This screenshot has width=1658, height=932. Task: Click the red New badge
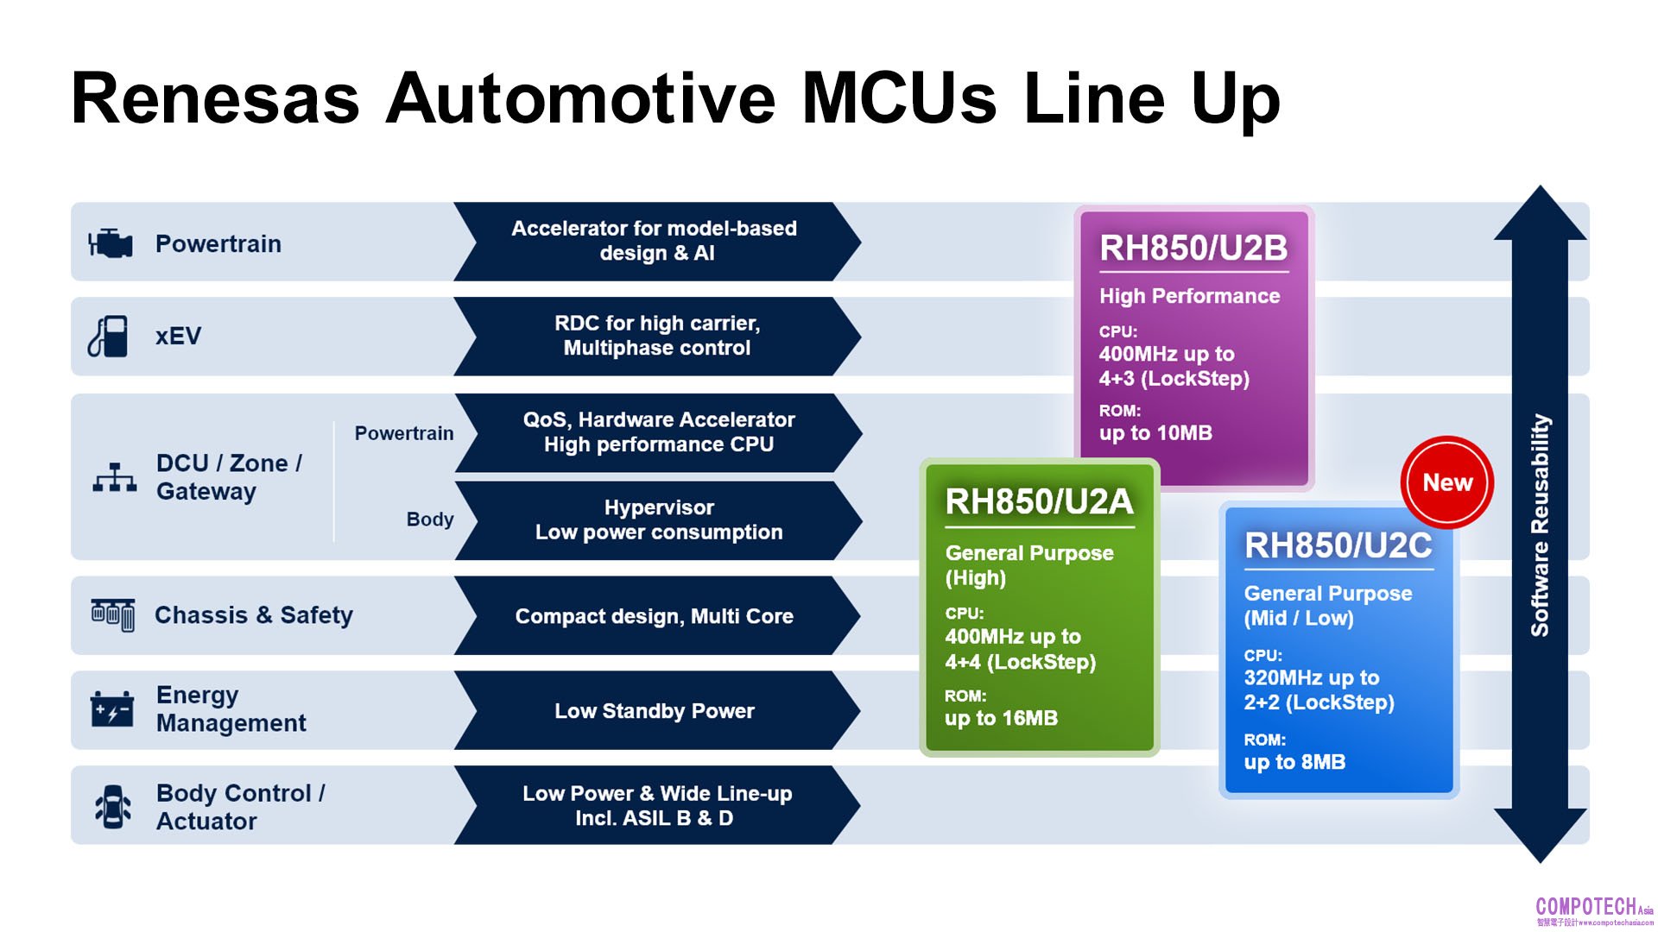(x=1446, y=482)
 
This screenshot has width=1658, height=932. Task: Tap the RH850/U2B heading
(x=1193, y=249)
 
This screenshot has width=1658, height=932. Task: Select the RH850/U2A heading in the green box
(x=1039, y=501)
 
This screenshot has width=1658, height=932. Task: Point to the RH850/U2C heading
(x=1338, y=545)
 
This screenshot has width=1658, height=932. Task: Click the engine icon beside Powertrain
(x=111, y=243)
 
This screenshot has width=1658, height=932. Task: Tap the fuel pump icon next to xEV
(x=109, y=337)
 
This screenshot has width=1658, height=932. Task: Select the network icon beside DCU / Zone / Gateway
(x=114, y=477)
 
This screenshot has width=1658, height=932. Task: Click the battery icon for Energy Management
(x=112, y=709)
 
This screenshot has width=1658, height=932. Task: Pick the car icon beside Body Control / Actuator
(x=113, y=807)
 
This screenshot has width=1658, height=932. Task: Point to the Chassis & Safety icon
(x=113, y=615)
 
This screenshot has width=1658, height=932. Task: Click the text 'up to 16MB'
(x=1001, y=718)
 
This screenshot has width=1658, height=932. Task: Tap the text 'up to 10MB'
(x=1155, y=433)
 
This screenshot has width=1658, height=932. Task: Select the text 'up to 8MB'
(x=1294, y=762)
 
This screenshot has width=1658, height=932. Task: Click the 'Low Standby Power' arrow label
(x=654, y=711)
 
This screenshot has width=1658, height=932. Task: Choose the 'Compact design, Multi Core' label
(x=654, y=616)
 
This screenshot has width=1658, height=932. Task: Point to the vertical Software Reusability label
(x=1540, y=525)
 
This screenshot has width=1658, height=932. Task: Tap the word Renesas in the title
(x=215, y=98)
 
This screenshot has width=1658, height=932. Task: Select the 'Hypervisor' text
(x=659, y=507)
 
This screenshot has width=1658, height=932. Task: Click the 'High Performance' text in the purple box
(x=1189, y=296)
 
